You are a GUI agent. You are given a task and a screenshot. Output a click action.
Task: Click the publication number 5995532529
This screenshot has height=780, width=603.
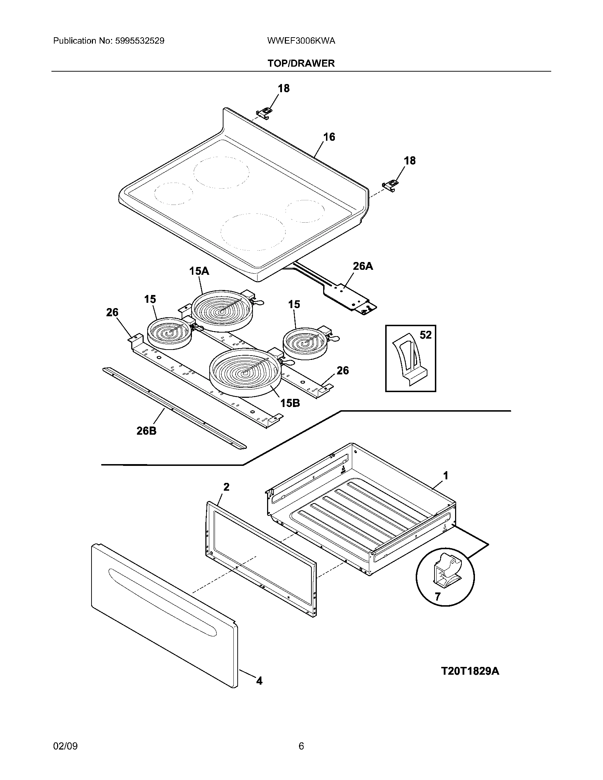(x=140, y=41)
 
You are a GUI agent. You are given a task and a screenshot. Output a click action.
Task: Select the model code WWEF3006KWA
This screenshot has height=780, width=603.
(x=301, y=41)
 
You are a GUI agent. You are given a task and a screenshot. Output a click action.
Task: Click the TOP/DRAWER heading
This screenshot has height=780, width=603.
(x=301, y=63)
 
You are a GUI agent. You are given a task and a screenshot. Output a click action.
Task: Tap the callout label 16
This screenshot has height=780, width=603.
(x=329, y=137)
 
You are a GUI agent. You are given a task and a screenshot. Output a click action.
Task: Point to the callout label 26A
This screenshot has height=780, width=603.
(x=363, y=266)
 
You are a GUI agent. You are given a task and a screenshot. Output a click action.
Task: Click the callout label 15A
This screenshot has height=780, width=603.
(x=199, y=271)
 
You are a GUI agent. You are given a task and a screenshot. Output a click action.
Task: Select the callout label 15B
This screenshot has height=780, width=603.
(x=290, y=403)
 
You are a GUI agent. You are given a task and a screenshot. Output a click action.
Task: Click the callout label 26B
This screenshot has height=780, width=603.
(x=146, y=431)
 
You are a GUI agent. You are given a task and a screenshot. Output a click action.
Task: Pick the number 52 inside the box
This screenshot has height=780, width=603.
(x=425, y=335)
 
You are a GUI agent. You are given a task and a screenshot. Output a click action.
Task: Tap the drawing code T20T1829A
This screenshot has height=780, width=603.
(x=470, y=671)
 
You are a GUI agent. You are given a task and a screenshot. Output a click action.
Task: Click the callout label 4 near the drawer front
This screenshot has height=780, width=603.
(x=259, y=681)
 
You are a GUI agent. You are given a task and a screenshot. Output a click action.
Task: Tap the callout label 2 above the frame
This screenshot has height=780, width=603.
(x=226, y=486)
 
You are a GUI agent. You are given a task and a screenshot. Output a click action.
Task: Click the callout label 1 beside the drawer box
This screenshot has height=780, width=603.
(x=446, y=475)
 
